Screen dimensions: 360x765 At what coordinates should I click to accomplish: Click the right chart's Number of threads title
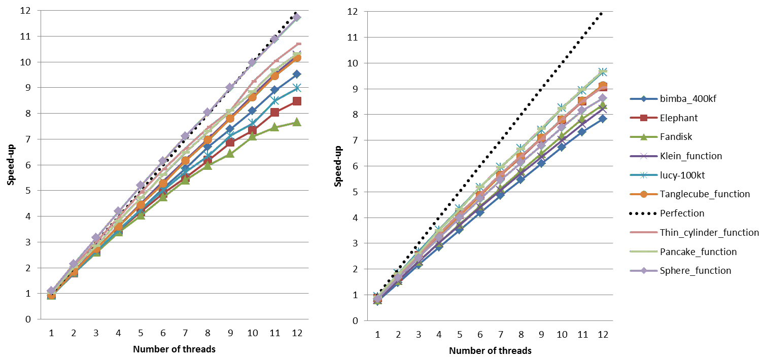click(490, 350)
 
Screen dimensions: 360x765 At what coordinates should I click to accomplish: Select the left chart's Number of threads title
click(174, 349)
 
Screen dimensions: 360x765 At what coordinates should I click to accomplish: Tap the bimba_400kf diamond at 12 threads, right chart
click(602, 119)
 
